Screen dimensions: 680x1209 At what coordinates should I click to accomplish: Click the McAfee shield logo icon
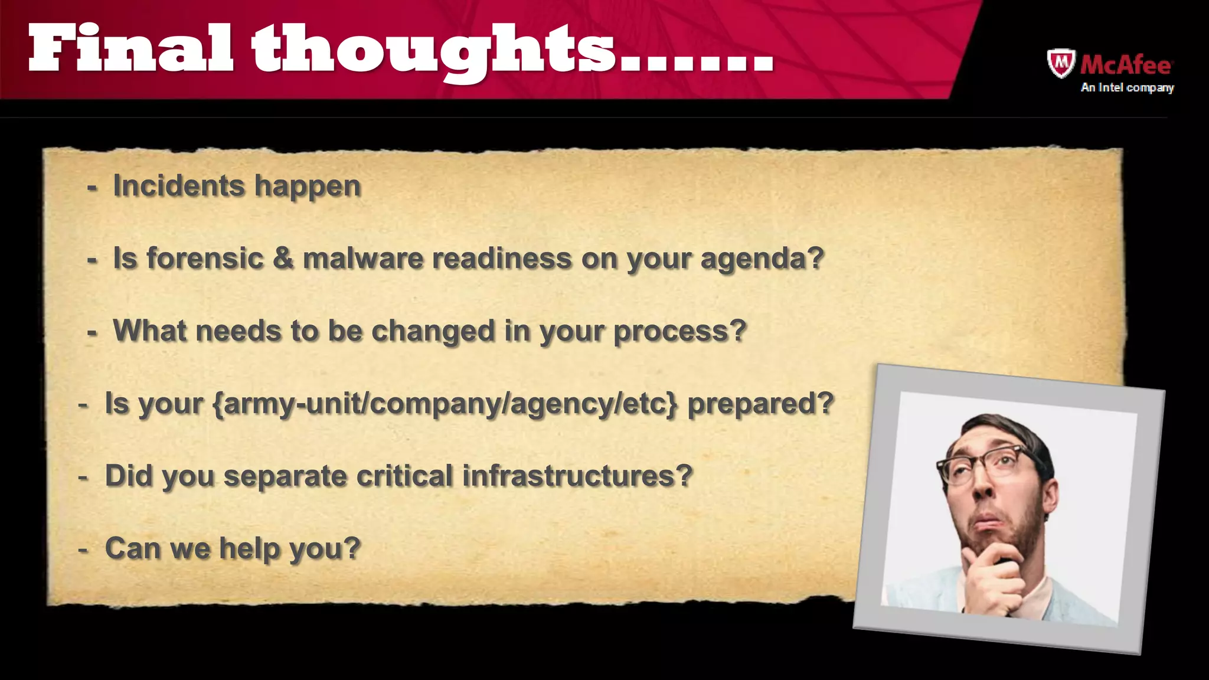pos(1061,63)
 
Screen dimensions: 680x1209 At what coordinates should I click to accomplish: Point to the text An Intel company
pos(1127,87)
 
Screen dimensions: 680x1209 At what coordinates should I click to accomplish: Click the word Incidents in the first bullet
pos(178,186)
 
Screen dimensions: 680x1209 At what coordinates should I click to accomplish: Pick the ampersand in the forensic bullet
pos(283,258)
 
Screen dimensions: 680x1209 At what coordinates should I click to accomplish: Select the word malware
pos(362,259)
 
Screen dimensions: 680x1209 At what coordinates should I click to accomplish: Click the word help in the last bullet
pos(249,548)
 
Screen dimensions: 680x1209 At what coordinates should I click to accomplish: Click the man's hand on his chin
pos(994,576)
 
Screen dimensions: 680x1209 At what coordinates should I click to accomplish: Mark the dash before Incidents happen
pos(92,188)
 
